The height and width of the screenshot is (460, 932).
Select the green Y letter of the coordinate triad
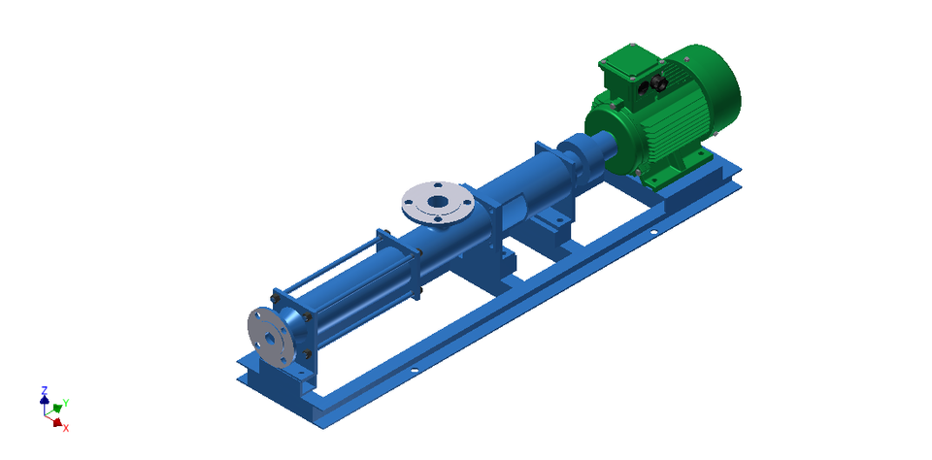tap(66, 402)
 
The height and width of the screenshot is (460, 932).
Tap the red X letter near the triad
tap(66, 428)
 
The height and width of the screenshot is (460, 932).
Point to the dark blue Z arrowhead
tap(45, 399)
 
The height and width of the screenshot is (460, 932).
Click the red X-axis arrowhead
tap(58, 422)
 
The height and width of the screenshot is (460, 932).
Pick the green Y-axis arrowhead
tap(57, 408)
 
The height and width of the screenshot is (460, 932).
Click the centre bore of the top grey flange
tap(438, 202)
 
